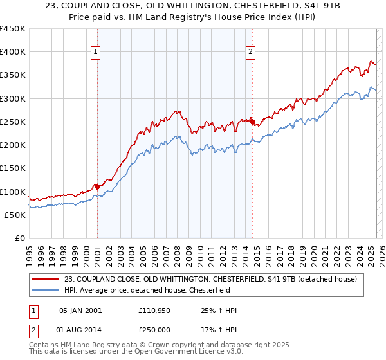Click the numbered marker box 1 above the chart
click(95, 53)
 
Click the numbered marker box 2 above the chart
click(250, 53)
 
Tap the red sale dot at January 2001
click(97, 186)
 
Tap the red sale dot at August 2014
click(252, 121)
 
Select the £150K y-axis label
click(13, 168)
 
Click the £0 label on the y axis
click(19, 238)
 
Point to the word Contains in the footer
click(44, 346)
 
